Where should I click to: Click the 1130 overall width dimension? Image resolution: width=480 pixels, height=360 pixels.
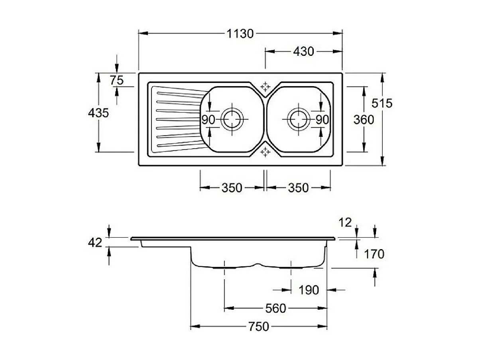click(x=240, y=34)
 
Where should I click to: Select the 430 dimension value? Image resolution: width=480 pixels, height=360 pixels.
click(x=303, y=51)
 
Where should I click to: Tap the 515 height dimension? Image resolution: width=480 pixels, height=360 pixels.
click(x=382, y=103)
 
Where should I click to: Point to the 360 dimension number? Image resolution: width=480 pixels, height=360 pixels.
click(x=364, y=119)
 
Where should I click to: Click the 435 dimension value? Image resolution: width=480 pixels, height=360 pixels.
click(x=98, y=113)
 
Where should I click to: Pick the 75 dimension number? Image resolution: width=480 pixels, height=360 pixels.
click(x=116, y=81)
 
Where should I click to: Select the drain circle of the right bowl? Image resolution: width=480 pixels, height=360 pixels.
click(x=298, y=119)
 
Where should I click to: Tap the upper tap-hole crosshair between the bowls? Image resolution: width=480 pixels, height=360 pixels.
click(x=265, y=87)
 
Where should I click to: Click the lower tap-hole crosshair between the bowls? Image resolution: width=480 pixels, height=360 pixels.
click(x=265, y=152)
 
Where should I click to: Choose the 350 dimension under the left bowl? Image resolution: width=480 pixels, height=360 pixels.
click(x=232, y=187)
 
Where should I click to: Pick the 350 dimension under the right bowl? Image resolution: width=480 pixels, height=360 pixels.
click(x=298, y=187)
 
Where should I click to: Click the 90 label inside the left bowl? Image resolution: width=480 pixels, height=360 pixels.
click(x=208, y=119)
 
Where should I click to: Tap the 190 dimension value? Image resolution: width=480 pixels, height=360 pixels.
click(x=309, y=290)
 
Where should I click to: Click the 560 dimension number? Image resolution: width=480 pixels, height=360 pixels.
click(x=275, y=309)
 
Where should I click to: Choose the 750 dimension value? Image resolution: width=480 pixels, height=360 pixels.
click(x=259, y=327)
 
